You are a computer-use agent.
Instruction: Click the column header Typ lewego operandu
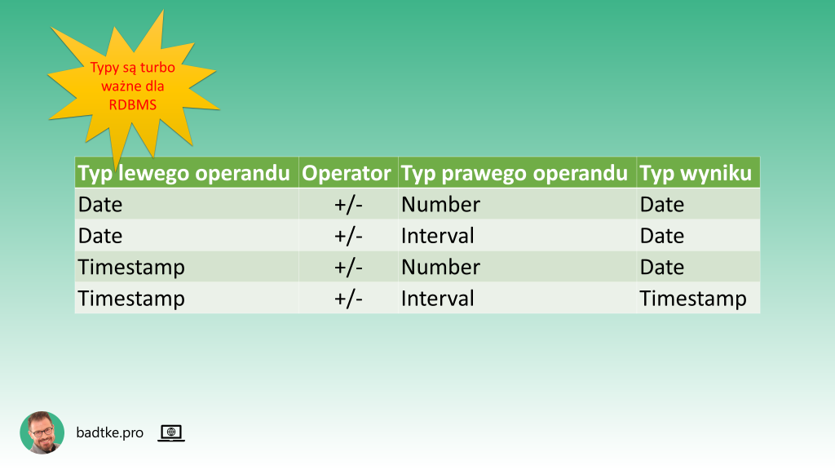point(183,173)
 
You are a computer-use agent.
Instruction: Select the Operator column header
point(347,173)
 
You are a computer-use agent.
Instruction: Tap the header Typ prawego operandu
point(515,173)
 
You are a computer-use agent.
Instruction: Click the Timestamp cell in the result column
point(692,299)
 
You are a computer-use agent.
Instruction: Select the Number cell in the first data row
point(440,204)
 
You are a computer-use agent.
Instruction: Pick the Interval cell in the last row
point(437,299)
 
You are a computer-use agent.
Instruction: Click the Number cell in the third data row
point(440,268)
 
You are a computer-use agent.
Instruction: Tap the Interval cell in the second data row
point(437,236)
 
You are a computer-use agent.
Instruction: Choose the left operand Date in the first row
point(100,204)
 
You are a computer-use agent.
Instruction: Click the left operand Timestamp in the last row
point(131,299)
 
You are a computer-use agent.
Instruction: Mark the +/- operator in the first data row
point(348,204)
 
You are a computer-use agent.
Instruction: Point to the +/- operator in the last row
point(348,299)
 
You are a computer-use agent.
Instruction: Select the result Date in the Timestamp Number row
point(661,268)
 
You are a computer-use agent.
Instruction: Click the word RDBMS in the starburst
point(132,104)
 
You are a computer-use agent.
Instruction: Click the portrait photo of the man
point(42,432)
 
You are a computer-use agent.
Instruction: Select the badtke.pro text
point(109,432)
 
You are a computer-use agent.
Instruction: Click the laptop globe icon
point(171,432)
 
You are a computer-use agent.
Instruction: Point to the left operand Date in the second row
point(100,236)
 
